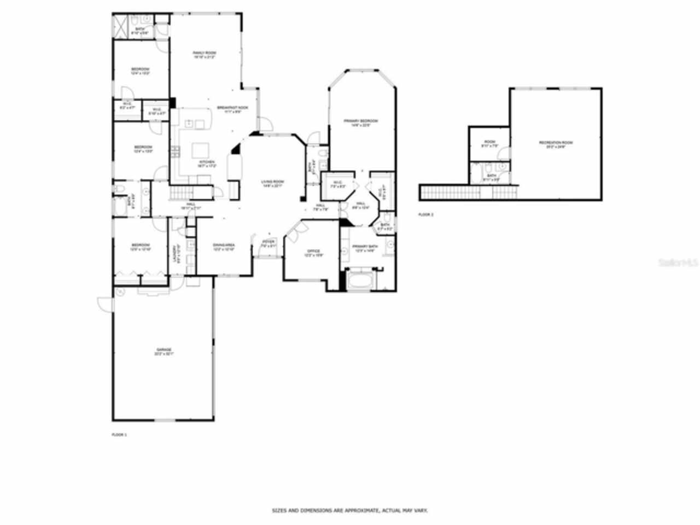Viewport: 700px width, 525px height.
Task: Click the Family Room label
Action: [204, 53]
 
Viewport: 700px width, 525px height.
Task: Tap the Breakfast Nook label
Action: [232, 108]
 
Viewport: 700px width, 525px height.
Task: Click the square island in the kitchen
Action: [201, 149]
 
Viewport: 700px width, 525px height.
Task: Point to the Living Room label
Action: [272, 182]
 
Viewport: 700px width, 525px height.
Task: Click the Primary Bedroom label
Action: [361, 121]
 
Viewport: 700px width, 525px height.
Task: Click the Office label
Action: [313, 252]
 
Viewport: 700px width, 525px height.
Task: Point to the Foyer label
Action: [268, 242]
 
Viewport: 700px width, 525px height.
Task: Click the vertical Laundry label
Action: [176, 251]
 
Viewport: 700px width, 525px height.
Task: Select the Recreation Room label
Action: [556, 143]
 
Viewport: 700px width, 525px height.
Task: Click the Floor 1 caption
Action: [119, 435]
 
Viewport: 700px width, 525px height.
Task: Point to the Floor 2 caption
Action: [425, 215]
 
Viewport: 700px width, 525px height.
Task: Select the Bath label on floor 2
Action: [491, 176]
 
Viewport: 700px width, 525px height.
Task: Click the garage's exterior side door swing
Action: [104, 304]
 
